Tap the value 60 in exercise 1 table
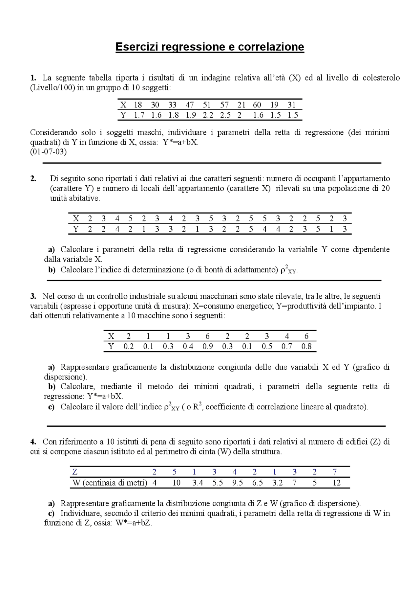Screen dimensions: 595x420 257,105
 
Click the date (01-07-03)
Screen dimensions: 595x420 48,152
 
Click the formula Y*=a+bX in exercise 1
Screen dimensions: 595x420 180,142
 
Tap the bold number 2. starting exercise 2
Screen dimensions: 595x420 33,179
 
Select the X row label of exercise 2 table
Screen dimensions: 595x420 76,219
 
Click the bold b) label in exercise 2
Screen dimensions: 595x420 52,270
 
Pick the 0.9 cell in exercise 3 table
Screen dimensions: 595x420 207,346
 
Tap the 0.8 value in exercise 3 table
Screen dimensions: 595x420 306,346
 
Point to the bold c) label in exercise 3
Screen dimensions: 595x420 52,407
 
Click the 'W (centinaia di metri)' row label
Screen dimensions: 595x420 110,483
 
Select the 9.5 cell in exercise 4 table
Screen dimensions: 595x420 237,483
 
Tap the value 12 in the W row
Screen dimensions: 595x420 336,483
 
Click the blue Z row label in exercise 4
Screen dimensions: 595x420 75,472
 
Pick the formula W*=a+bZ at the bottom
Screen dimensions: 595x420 134,523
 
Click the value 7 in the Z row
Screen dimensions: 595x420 334,472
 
